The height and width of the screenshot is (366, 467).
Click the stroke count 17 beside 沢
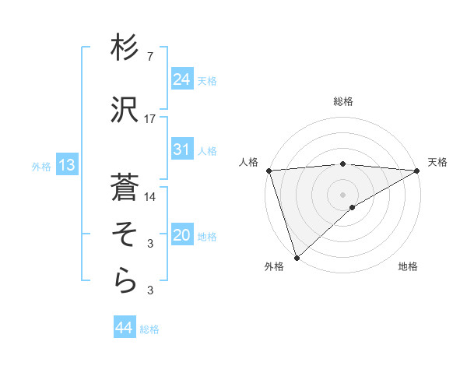150,119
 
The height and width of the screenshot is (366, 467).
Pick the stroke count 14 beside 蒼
150,197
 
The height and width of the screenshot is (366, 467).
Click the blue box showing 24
181,79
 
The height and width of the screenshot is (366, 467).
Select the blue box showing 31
181,150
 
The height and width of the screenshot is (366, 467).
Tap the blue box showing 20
181,235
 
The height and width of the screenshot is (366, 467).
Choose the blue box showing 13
66,165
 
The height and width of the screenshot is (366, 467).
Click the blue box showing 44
123,328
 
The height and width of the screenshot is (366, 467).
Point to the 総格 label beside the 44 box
149,329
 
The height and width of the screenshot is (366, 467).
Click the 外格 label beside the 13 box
41,166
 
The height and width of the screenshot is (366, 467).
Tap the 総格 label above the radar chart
342,101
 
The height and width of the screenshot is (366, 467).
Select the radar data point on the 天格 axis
417,171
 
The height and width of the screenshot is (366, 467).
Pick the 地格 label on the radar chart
408,267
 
